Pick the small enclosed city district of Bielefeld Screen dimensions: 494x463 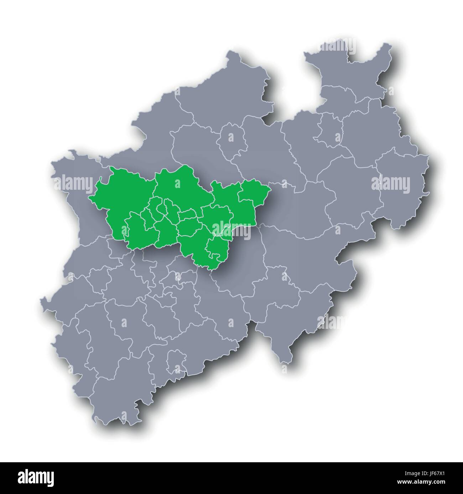click(x=329, y=127)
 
